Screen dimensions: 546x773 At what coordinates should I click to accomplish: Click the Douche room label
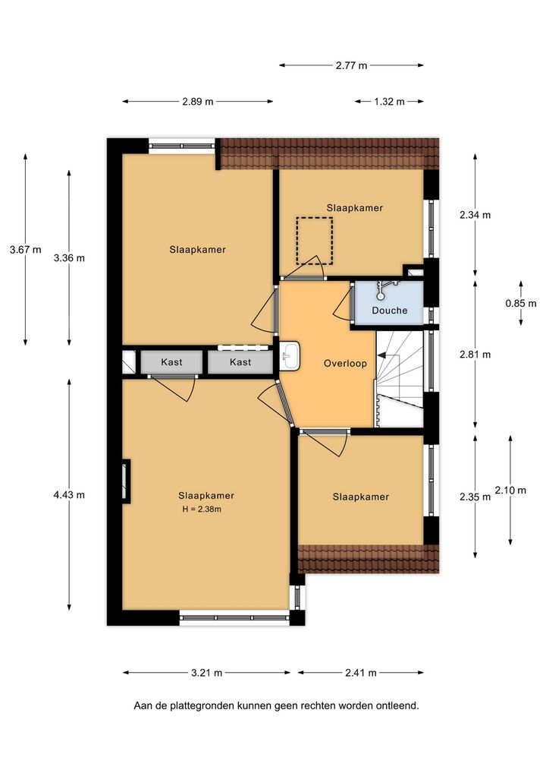[x=390, y=310]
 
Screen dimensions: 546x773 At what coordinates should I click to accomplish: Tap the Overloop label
[x=345, y=364]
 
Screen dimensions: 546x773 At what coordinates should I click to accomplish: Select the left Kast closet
[x=171, y=362]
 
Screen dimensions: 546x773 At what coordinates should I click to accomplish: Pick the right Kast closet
[x=240, y=362]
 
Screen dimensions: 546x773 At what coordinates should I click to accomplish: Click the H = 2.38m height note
[x=202, y=510]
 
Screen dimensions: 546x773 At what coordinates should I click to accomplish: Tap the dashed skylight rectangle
[x=314, y=241]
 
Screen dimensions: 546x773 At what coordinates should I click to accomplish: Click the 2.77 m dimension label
[x=352, y=65]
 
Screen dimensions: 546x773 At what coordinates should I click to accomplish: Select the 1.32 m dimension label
[x=389, y=102]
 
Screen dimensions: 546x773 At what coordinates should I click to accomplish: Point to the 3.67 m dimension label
[x=26, y=250]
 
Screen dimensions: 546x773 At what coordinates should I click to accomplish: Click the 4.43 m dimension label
[x=69, y=494]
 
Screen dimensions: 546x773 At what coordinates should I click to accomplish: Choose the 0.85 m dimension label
[x=521, y=303]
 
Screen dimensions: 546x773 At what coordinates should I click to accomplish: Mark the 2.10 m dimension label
[x=510, y=490]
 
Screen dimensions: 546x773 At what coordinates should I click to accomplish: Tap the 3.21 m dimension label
[x=207, y=673]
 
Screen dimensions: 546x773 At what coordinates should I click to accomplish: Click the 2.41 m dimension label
[x=361, y=673]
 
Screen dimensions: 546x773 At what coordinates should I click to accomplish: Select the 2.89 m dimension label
[x=198, y=102]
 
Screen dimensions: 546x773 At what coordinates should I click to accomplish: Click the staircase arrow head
[x=381, y=355]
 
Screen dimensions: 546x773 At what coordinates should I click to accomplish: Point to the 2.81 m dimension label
[x=475, y=354]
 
